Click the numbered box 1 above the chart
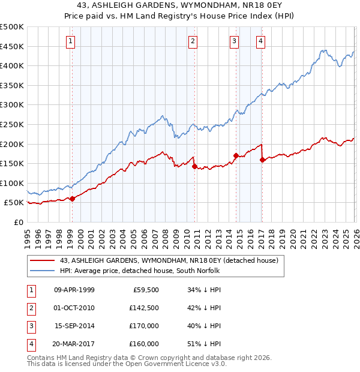(x=71, y=41)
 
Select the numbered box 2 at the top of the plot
(x=193, y=41)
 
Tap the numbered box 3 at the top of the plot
(x=234, y=41)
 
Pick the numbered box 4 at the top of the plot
(x=261, y=41)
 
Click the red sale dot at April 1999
(x=72, y=199)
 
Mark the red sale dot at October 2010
(x=194, y=166)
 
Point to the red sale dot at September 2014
(x=236, y=155)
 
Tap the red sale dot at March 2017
(x=263, y=160)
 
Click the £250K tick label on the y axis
(x=12, y=124)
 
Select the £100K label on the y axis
(x=12, y=183)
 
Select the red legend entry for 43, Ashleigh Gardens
(x=169, y=261)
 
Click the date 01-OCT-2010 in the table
(x=74, y=308)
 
